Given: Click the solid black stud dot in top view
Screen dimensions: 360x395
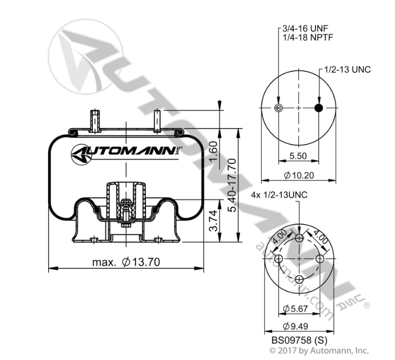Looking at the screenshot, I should coord(319,108).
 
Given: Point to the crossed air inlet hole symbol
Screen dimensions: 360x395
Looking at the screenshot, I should coord(279,108).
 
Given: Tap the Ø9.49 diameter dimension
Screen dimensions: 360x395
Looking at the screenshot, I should coord(298,327).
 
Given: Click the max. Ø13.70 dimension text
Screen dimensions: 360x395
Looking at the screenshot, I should coord(127,263).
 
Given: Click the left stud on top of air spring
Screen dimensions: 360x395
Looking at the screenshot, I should coord(94,121).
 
